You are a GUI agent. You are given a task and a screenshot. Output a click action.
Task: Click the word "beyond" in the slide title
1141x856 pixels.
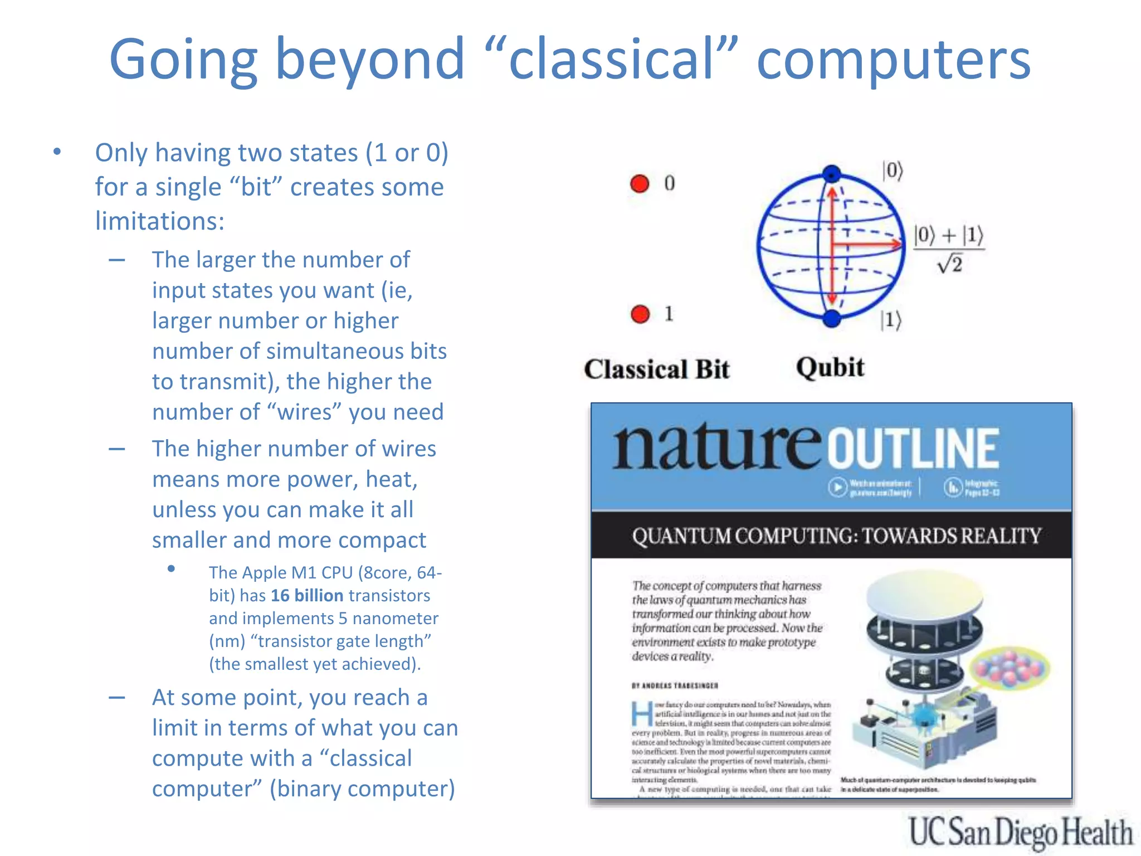coord(370,59)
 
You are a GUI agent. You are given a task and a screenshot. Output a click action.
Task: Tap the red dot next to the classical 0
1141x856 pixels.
coord(640,183)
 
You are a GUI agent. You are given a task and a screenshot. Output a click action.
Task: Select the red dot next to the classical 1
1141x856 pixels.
coord(640,314)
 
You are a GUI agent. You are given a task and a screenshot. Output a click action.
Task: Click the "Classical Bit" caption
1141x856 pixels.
coord(656,369)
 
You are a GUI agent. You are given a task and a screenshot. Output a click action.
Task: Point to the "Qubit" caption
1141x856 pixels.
coord(830,368)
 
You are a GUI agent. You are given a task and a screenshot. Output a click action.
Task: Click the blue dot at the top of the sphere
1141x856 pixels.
coord(832,173)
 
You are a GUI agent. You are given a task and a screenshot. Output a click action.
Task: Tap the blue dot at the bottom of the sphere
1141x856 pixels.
coord(831,319)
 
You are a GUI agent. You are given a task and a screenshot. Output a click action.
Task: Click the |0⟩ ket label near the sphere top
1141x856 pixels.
coord(893,171)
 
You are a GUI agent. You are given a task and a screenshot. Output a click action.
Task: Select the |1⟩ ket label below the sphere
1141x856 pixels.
coord(890,320)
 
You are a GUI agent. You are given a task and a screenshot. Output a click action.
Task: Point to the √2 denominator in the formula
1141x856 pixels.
coord(950,264)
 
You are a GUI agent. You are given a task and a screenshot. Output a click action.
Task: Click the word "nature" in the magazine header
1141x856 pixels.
coord(716,448)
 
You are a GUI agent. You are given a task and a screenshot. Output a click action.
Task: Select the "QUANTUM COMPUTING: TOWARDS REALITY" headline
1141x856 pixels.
coord(836,536)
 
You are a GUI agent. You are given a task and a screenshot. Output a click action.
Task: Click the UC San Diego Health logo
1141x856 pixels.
coord(1021,832)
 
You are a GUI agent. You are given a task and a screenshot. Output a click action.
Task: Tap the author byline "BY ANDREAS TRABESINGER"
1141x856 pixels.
coord(675,685)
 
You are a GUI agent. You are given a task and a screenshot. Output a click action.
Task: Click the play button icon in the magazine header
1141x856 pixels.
coord(837,487)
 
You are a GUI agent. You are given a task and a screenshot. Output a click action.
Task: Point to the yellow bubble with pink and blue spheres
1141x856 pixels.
coord(1010,668)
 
